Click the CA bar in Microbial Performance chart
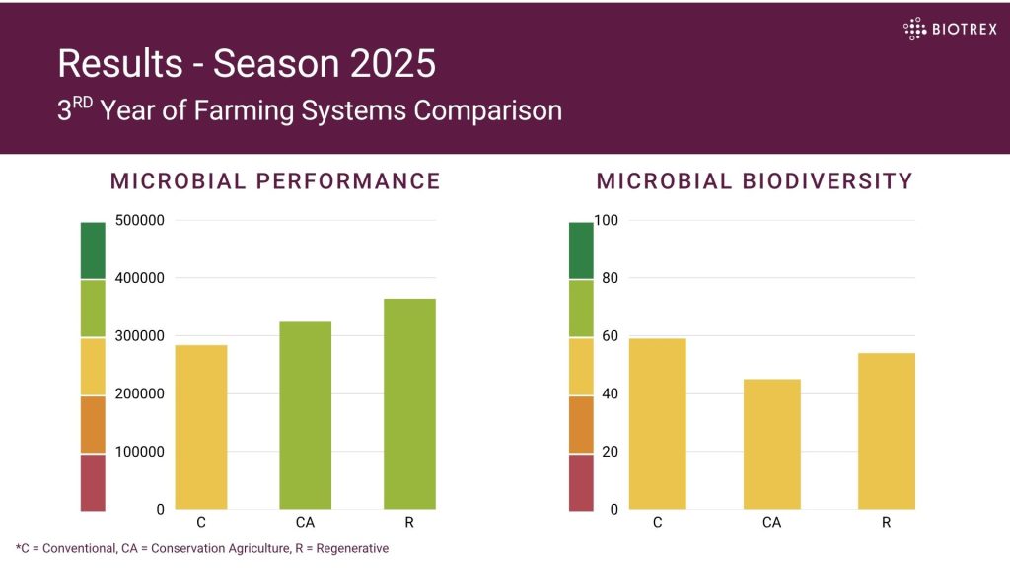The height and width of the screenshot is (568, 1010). point(305,415)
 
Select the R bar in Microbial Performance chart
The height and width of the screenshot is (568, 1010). point(409,403)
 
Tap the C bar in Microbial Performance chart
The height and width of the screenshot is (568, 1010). point(201,427)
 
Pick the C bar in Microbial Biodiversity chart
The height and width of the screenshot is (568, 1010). point(658,424)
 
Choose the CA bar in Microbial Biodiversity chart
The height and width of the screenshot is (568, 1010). point(772,444)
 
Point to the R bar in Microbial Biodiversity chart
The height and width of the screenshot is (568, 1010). point(887,431)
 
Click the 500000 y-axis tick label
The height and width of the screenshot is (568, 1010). point(140,221)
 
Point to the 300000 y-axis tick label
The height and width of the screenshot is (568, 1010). point(140,336)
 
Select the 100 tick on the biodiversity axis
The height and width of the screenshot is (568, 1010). point(606,221)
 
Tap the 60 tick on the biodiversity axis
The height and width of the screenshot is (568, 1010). point(610,336)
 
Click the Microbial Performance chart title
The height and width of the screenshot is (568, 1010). point(275,181)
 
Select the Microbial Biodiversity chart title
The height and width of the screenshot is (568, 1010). point(755,181)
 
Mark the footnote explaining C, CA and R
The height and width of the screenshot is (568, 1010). point(202,548)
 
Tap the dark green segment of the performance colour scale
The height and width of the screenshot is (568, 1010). point(93,250)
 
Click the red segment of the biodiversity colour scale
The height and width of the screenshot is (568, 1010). point(582,482)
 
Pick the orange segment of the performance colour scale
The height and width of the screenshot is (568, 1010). point(93,424)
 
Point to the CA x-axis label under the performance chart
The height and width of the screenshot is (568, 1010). point(305,523)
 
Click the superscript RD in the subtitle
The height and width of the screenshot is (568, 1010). point(82,101)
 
